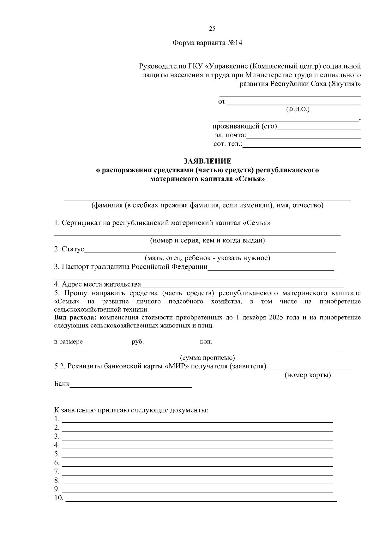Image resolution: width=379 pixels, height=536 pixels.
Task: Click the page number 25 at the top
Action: tap(212, 29)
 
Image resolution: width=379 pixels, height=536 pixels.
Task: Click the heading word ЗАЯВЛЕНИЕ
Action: tap(208, 161)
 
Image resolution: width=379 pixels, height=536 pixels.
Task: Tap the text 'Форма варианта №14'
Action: tap(207, 43)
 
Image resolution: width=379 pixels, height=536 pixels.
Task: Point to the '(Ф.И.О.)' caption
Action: tap(298, 110)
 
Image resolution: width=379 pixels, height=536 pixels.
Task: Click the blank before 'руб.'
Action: tap(107, 343)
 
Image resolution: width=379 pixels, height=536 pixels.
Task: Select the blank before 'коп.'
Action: tap(171, 343)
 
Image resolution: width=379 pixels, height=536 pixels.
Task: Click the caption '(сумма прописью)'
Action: tap(207, 358)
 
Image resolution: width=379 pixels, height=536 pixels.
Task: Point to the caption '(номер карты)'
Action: tap(307, 375)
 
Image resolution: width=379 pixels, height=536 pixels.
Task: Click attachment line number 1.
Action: tap(197, 421)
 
